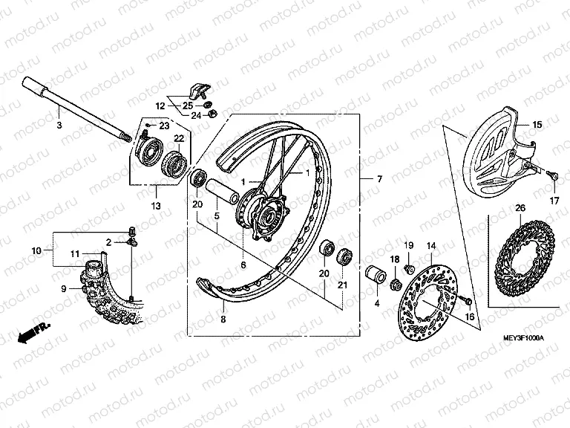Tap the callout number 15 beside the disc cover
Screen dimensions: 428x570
click(x=537, y=124)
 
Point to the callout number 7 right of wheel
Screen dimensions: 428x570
click(x=379, y=179)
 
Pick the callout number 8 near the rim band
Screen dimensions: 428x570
click(x=223, y=320)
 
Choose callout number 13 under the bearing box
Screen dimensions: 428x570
click(x=155, y=205)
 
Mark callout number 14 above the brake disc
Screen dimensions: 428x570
click(x=430, y=246)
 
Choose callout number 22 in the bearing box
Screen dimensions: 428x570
click(x=179, y=138)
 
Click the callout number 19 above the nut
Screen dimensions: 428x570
click(x=408, y=246)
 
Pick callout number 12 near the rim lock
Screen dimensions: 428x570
click(x=160, y=106)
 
